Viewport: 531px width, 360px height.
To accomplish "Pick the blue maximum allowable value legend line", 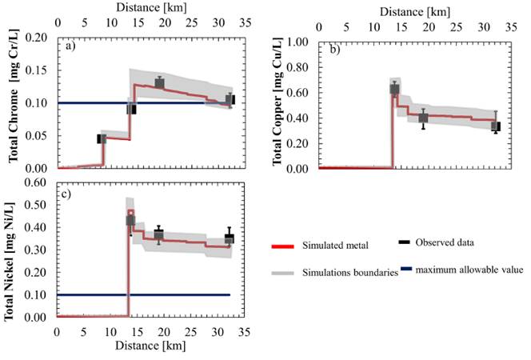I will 405,270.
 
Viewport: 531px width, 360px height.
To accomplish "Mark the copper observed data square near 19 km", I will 423,118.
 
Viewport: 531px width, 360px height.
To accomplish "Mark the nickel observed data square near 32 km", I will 230,238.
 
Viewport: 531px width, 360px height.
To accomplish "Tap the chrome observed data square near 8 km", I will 102,138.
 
